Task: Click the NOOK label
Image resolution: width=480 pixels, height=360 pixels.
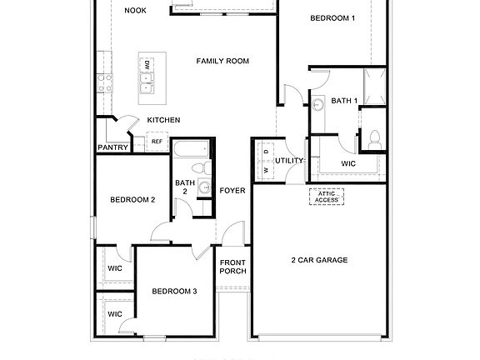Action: tap(134, 11)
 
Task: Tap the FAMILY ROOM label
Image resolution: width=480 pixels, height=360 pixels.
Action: tap(223, 61)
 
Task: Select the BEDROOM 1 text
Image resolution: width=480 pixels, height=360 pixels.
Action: tap(332, 17)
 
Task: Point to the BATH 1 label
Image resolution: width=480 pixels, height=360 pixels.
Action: tap(343, 101)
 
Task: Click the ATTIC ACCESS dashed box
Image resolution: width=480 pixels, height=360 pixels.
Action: tap(327, 197)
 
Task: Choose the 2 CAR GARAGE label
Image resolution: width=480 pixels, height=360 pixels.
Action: tap(319, 260)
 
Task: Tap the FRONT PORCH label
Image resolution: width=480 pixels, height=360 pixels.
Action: tap(232, 267)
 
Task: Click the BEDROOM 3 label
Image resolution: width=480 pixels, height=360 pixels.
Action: tap(174, 291)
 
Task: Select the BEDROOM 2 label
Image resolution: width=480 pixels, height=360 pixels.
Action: tap(133, 199)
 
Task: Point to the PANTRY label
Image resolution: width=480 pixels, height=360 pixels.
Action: tap(112, 147)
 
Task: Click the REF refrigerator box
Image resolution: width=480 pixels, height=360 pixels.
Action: tap(156, 142)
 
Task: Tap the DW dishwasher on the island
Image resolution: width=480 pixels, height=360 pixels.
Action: tap(147, 64)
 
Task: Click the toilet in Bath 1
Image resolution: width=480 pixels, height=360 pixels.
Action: tap(374, 138)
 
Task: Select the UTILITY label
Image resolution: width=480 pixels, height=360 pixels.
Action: tap(289, 160)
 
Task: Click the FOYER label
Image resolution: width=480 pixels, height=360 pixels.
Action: tap(232, 191)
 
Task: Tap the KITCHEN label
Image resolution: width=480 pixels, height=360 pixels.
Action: tap(163, 120)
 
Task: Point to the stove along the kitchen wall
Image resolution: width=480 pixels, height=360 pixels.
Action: tap(104, 82)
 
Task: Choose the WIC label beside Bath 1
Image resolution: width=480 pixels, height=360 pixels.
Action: tap(347, 163)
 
